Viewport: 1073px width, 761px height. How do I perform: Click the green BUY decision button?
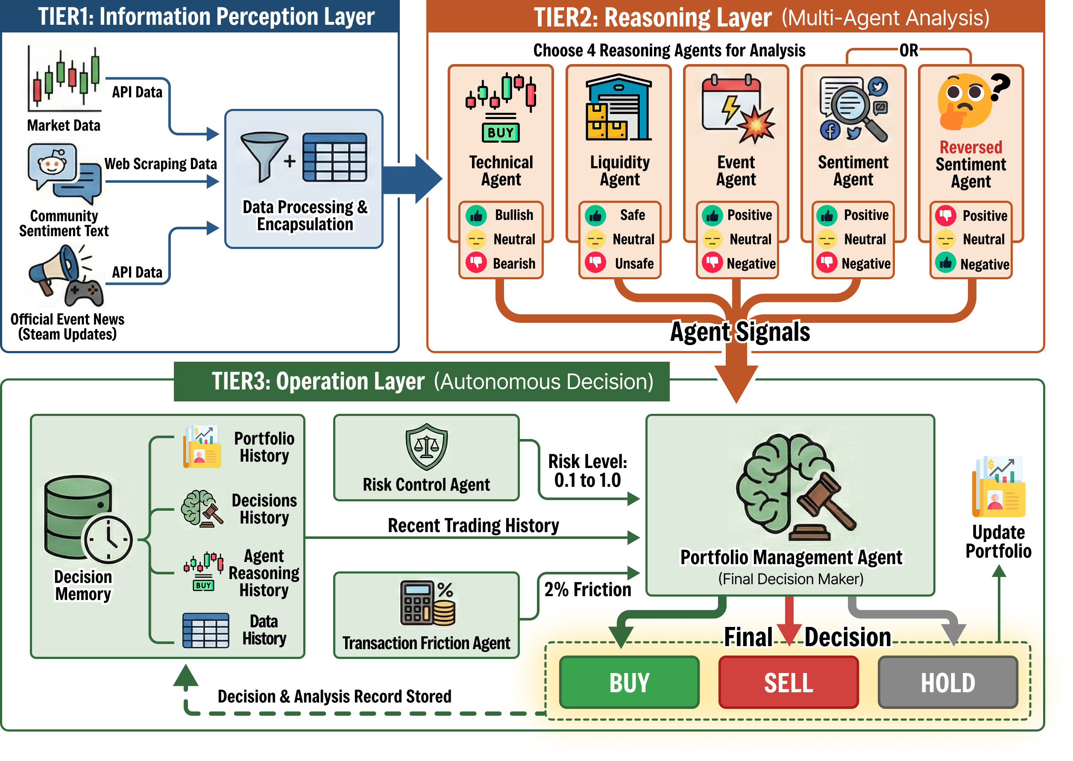pos(629,682)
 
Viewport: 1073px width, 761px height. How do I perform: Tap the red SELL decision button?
pos(788,682)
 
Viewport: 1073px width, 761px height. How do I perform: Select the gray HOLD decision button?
pos(947,682)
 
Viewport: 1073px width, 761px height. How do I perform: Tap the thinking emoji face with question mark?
pos(971,101)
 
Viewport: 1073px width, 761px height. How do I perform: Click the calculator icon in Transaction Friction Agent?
pos(427,603)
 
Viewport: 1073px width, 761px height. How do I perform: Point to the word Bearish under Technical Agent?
pos(514,263)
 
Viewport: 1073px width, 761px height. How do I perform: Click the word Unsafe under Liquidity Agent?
pos(634,263)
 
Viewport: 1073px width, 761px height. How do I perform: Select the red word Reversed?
pos(970,147)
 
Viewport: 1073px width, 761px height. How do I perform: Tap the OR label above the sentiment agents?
pos(909,50)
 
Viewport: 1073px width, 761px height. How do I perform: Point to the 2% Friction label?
pos(587,589)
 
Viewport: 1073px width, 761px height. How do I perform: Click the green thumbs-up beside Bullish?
pos(476,215)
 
